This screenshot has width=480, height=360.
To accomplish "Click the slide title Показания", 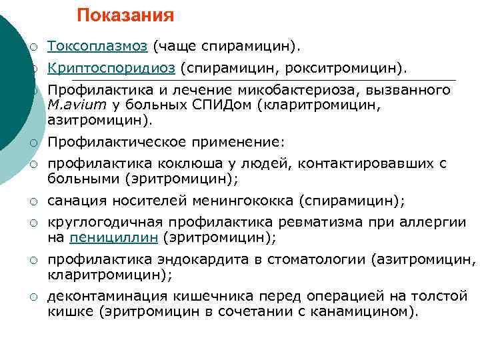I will [125, 15].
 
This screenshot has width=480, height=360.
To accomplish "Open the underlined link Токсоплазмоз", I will [98, 47].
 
